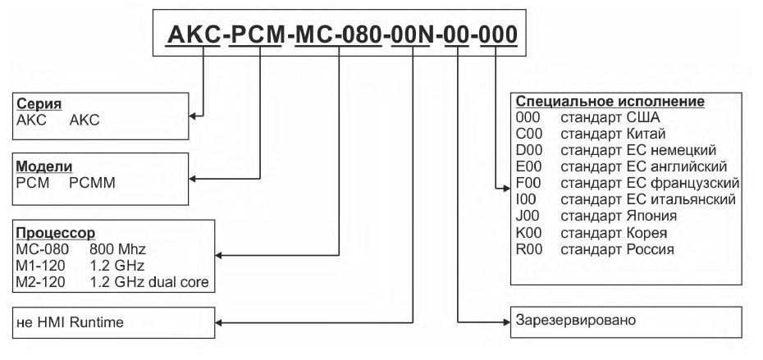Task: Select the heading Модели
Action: coord(39,168)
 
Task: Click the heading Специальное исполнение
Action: coord(610,102)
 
